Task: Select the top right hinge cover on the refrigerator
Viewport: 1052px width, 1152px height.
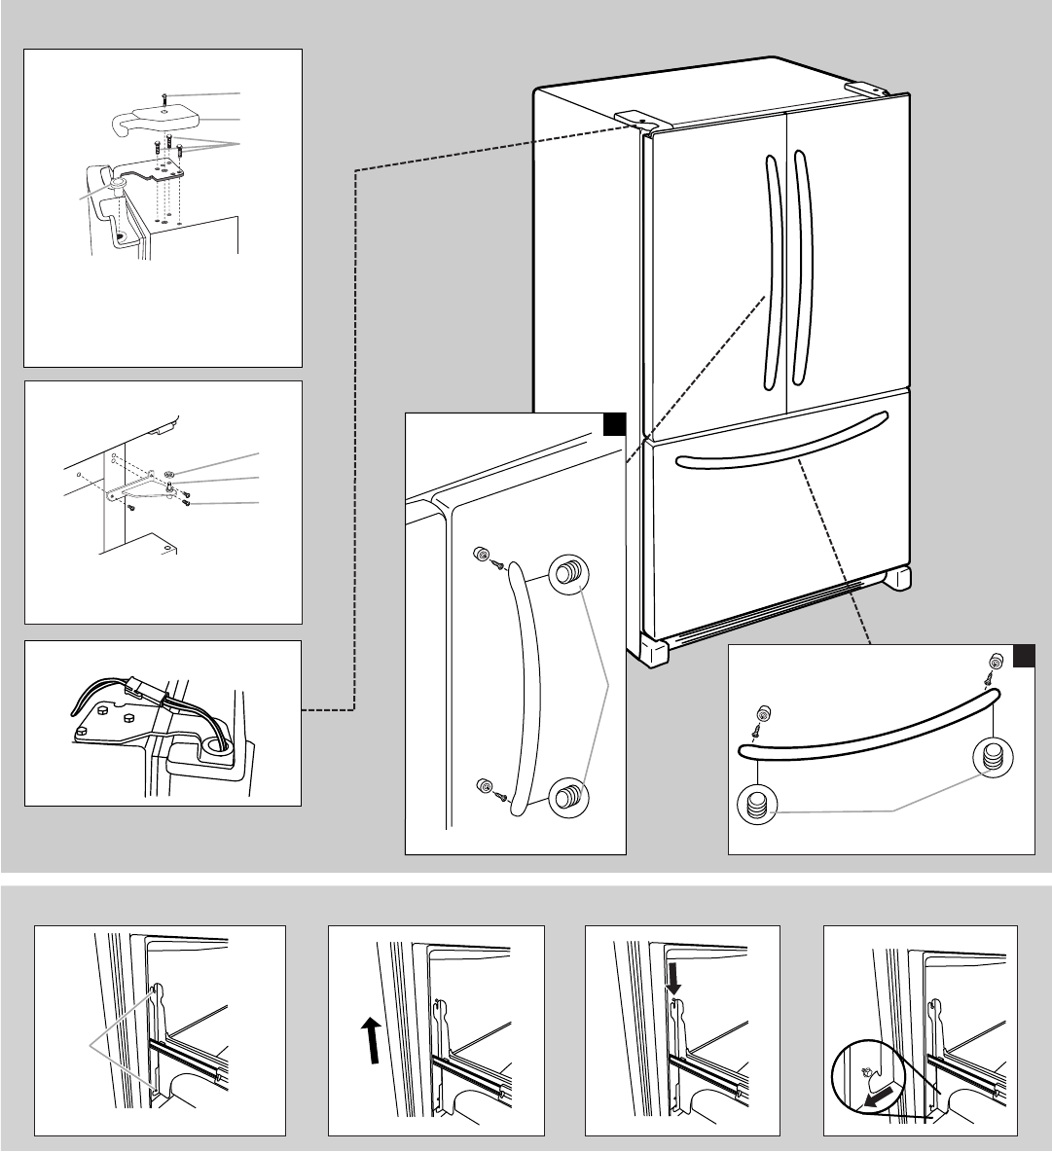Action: (x=865, y=88)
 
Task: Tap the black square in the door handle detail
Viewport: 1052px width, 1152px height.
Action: (x=613, y=425)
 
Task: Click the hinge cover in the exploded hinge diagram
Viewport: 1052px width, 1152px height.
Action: (x=156, y=119)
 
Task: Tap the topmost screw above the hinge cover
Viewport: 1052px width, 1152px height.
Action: (x=166, y=96)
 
